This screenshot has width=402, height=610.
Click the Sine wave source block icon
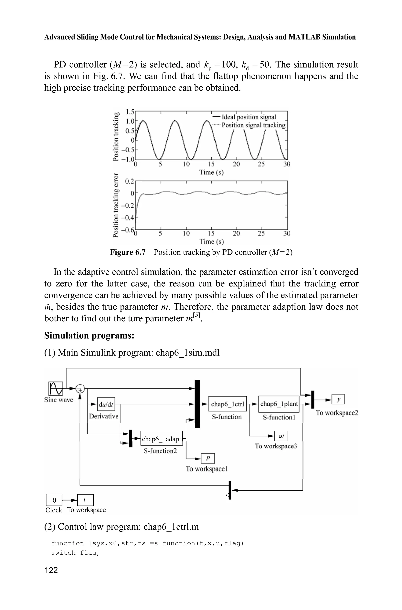tap(56, 389)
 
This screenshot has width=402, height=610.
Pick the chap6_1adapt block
tap(162, 439)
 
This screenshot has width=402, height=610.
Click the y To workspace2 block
tap(338, 399)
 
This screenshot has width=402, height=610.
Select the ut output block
tap(281, 436)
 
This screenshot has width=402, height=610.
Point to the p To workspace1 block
tap(208, 458)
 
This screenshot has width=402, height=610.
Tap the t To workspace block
tap(85, 500)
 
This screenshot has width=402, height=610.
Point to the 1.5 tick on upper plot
tap(130, 112)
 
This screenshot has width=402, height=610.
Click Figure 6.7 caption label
tap(128, 252)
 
